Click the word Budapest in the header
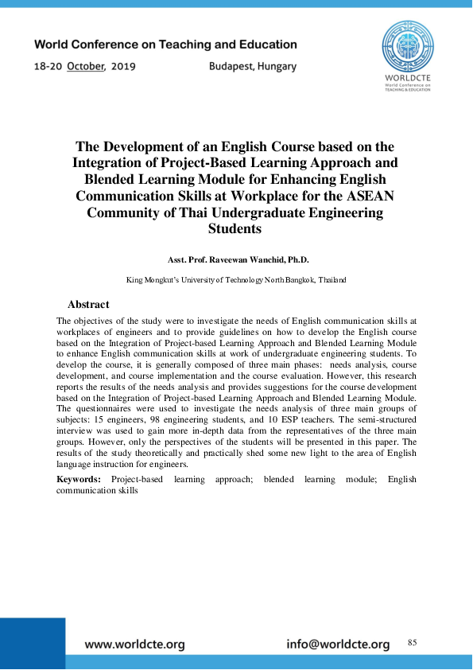point(233,67)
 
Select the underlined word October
point(86,67)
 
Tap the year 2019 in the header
point(122,67)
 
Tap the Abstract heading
point(88,305)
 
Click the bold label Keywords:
point(79,480)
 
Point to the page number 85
point(412,642)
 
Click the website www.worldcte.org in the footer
point(134,645)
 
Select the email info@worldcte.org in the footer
point(338,645)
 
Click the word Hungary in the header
point(277,67)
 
